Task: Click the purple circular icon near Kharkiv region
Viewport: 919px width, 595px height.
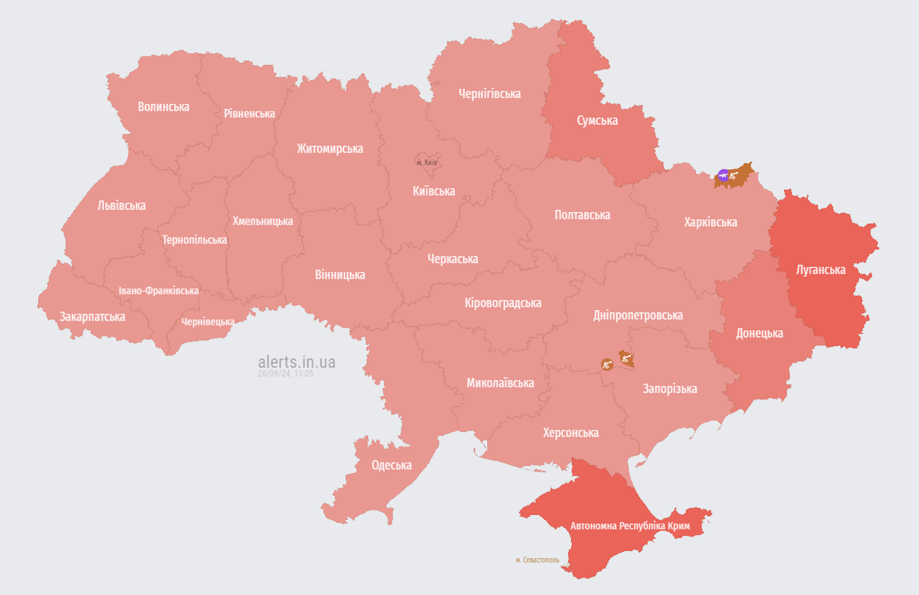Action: click(723, 175)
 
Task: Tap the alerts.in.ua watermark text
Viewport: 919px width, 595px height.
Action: click(296, 362)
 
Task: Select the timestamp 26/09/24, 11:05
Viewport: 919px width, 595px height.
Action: click(285, 374)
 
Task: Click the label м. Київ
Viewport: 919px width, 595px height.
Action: click(427, 162)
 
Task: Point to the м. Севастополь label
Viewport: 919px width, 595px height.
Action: click(537, 560)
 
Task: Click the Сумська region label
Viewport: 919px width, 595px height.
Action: click(597, 120)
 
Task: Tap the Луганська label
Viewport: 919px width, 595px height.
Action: click(820, 270)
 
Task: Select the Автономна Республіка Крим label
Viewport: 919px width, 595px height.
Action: click(630, 526)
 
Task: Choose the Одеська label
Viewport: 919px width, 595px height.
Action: click(391, 465)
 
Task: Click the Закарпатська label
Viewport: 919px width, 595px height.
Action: click(92, 317)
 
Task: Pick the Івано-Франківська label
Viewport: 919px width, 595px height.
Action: click(159, 291)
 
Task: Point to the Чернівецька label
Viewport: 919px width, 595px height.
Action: click(208, 322)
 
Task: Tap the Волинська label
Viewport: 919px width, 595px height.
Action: click(164, 107)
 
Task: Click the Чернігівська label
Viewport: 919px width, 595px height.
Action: click(489, 94)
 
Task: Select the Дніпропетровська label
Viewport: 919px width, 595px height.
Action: click(637, 315)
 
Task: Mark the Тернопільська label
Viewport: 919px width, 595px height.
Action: click(195, 239)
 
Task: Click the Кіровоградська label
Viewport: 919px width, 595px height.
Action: click(502, 303)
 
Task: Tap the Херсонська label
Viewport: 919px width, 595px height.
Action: click(570, 433)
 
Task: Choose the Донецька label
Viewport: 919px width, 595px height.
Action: click(759, 333)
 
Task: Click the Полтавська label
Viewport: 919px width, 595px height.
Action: click(582, 215)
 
